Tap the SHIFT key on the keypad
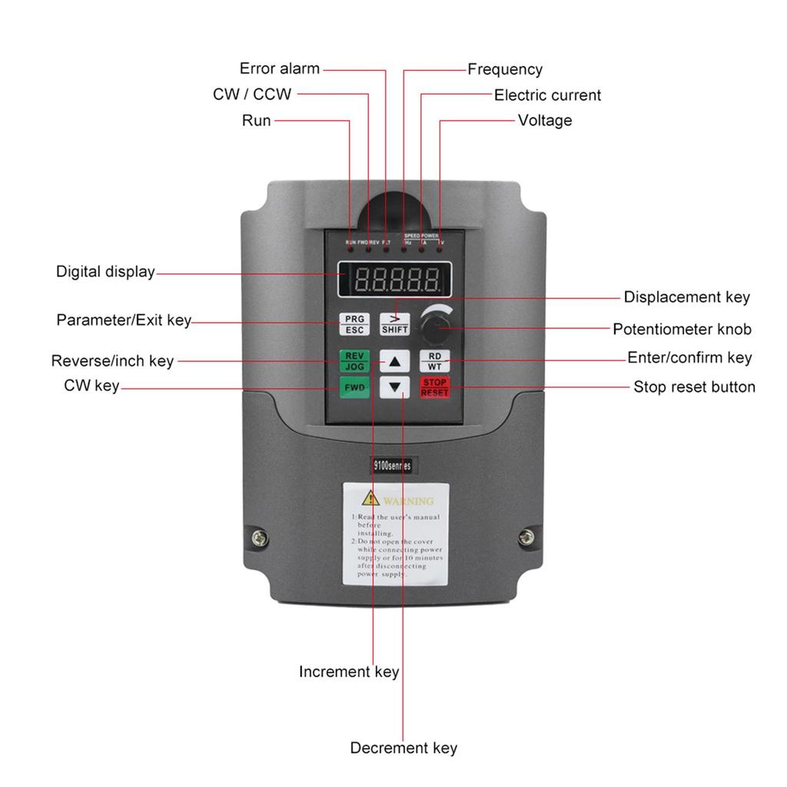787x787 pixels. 395,324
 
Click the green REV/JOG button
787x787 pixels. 354,360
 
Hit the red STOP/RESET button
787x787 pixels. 434,387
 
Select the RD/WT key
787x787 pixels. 434,360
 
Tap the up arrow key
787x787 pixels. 395,360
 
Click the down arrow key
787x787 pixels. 395,387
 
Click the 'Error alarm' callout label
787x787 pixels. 279,68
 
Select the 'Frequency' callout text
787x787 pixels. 505,69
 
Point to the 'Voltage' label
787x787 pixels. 544,120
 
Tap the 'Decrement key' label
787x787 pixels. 403,748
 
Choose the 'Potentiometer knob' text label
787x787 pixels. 682,329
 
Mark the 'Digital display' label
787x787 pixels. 105,271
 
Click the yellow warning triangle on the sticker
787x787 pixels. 371,497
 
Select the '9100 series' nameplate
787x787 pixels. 387,465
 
